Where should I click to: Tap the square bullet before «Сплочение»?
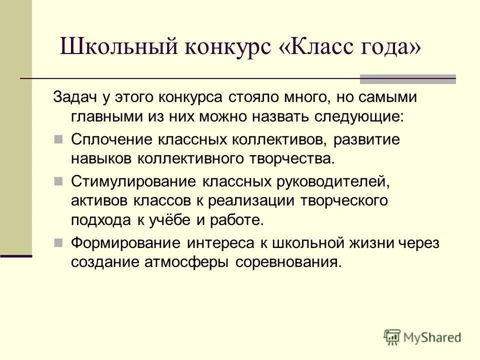(58, 139)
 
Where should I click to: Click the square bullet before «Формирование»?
(58, 242)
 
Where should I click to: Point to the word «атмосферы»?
(180, 262)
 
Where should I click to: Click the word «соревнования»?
(287, 262)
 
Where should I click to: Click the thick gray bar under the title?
(408, 78)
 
